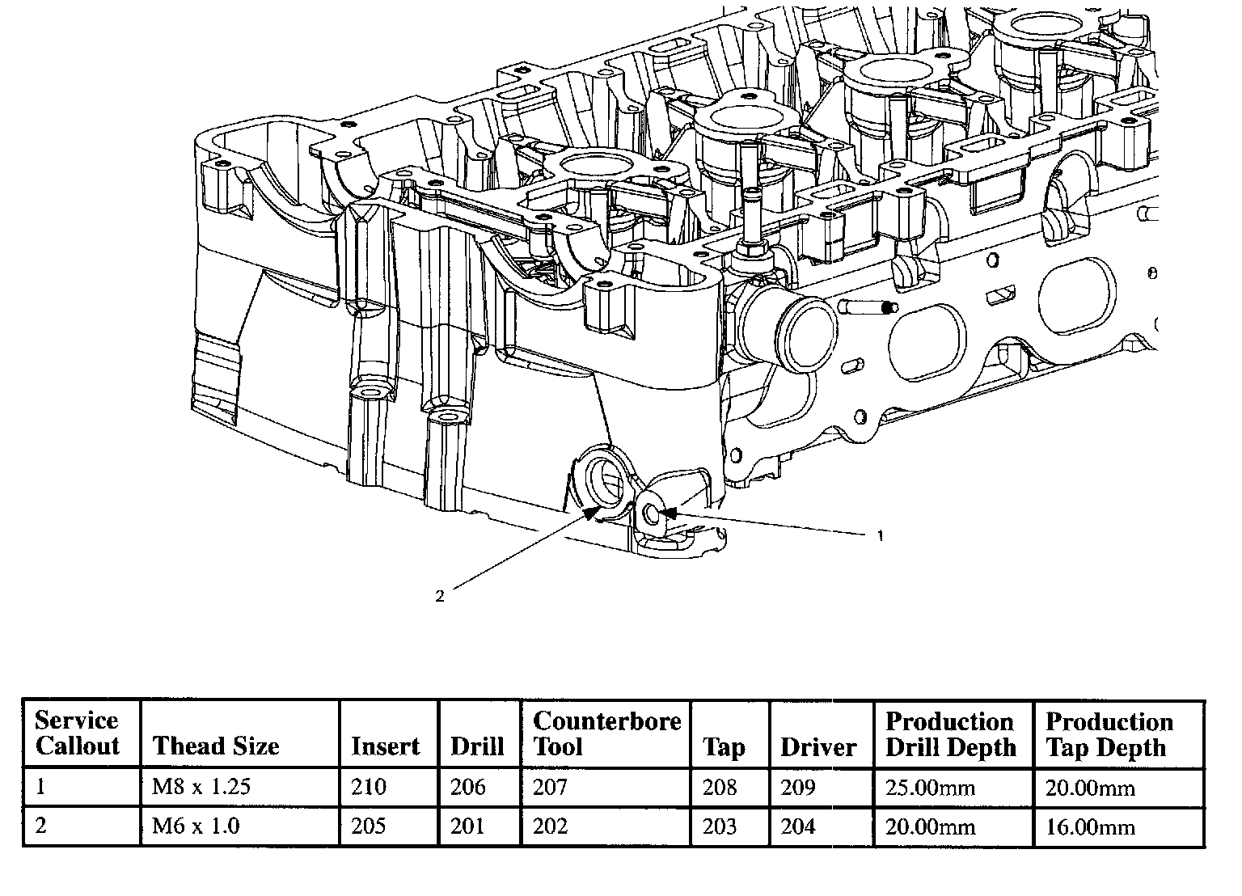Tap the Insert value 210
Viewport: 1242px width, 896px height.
tap(369, 786)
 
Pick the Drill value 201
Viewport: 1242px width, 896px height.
tap(467, 826)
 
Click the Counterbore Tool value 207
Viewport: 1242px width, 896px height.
tap(550, 786)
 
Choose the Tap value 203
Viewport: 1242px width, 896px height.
tap(720, 826)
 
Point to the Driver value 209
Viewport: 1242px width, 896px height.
tap(798, 786)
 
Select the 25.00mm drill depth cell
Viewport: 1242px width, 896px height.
tap(931, 788)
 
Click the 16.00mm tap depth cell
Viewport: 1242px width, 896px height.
tap(1091, 827)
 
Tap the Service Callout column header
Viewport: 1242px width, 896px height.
tap(77, 733)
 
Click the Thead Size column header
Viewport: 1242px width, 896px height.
tap(216, 746)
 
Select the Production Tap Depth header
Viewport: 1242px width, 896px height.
tap(1109, 734)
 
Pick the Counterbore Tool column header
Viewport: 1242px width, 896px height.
tap(607, 733)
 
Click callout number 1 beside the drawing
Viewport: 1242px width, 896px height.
tap(880, 535)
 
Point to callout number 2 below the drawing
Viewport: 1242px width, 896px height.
tap(440, 596)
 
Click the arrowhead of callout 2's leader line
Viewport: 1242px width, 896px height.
tap(591, 513)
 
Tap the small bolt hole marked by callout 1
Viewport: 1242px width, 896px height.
tap(652, 515)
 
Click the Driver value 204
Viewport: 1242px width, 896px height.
tap(798, 826)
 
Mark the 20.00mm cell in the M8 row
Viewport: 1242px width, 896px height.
tap(1091, 788)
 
